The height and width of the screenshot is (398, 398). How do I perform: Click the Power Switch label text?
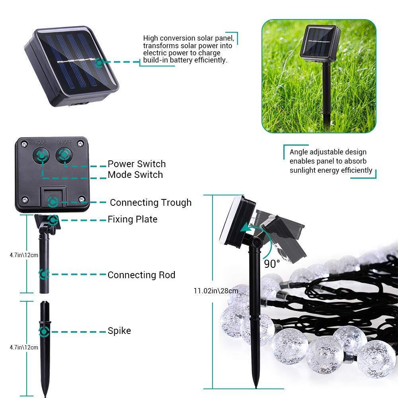[x=137, y=164]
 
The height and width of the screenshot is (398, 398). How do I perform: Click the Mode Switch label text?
[x=135, y=175]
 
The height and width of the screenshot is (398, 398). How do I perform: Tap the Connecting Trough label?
[x=150, y=203]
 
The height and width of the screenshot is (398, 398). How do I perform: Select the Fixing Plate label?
[x=133, y=219]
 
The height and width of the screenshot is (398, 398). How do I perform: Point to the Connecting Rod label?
[x=141, y=275]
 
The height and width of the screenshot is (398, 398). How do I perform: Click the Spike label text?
[x=119, y=331]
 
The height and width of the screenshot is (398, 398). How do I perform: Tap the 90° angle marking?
[x=272, y=263]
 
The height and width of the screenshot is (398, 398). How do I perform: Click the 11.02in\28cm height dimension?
[x=216, y=291]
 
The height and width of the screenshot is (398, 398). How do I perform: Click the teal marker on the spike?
[x=44, y=331]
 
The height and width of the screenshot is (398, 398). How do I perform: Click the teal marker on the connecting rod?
[x=44, y=274]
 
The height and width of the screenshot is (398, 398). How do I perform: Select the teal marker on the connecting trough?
[x=52, y=202]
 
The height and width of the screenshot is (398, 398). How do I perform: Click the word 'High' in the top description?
[x=150, y=38]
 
